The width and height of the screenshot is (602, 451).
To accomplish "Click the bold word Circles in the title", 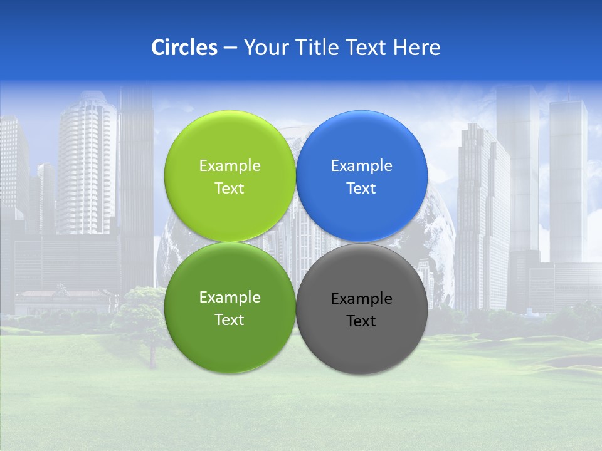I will (184, 48).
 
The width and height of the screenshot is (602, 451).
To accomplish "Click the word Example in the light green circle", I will (230, 166).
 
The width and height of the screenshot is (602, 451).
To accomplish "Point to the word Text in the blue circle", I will (361, 189).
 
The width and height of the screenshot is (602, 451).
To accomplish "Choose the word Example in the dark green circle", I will (230, 298).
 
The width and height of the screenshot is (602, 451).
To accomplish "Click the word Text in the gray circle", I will (361, 321).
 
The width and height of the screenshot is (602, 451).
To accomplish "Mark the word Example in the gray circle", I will (361, 299).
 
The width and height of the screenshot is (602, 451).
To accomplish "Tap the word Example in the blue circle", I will (361, 166).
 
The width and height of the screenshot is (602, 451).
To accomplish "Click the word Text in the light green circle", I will (230, 189).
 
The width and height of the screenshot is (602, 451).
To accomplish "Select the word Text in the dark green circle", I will (230, 320).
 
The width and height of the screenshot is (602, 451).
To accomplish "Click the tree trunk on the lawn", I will (152, 357).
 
